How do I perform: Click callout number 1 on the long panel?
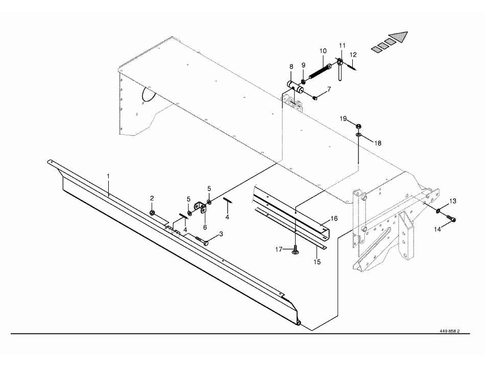click(x=108, y=176)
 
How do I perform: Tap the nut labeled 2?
click(x=152, y=212)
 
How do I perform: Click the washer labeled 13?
click(x=439, y=210)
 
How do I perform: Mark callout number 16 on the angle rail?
click(x=333, y=218)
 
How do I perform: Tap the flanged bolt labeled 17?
click(x=296, y=250)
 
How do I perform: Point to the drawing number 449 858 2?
click(x=449, y=331)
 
